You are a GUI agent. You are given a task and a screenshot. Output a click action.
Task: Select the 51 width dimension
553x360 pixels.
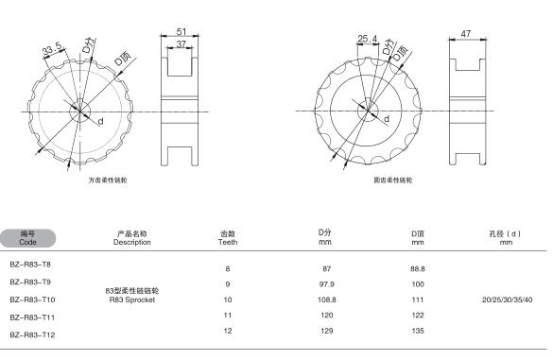point(181,31)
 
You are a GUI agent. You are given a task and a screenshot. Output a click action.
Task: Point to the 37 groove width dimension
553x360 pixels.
point(181,44)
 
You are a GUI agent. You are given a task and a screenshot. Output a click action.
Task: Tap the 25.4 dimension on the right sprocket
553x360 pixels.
point(367,39)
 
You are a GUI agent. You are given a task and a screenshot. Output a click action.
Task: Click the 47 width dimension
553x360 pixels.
point(465,33)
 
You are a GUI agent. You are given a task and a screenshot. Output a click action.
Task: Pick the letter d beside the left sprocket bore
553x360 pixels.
point(101,121)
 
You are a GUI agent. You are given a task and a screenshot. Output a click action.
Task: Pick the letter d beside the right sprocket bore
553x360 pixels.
point(387,119)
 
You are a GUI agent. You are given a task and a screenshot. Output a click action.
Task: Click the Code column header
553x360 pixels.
point(27,242)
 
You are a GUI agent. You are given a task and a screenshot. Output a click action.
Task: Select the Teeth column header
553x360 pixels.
point(228,242)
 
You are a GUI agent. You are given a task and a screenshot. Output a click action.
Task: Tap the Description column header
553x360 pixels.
point(132,242)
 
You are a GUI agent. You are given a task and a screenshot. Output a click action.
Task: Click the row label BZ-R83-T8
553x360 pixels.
point(30,265)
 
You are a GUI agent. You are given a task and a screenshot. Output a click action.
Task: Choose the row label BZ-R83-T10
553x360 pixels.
point(32,300)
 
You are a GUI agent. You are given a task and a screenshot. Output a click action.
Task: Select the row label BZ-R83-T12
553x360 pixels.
point(32,335)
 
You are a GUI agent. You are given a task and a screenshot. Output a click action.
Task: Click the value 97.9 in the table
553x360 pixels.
point(326,284)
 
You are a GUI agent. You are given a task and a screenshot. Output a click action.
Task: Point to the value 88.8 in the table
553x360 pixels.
point(418,268)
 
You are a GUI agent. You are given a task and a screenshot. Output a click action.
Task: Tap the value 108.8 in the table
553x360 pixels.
point(326,300)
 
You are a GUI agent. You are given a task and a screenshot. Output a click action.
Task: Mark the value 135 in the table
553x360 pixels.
point(418,331)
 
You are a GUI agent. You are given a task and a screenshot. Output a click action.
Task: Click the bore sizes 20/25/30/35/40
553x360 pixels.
point(507,300)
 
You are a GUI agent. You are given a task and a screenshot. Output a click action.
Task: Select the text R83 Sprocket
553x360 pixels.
point(132,300)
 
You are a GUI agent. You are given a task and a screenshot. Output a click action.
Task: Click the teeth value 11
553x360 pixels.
point(228,316)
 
